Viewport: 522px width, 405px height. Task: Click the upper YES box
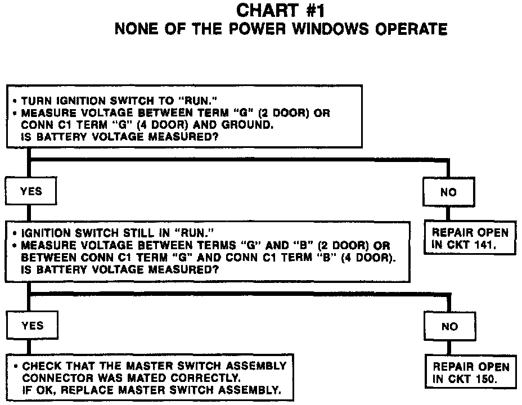31,191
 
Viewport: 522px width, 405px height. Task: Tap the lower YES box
32,325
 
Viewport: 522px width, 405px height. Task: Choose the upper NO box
448,192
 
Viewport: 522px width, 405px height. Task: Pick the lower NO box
449,326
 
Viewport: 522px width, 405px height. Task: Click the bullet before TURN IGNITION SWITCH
13,101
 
